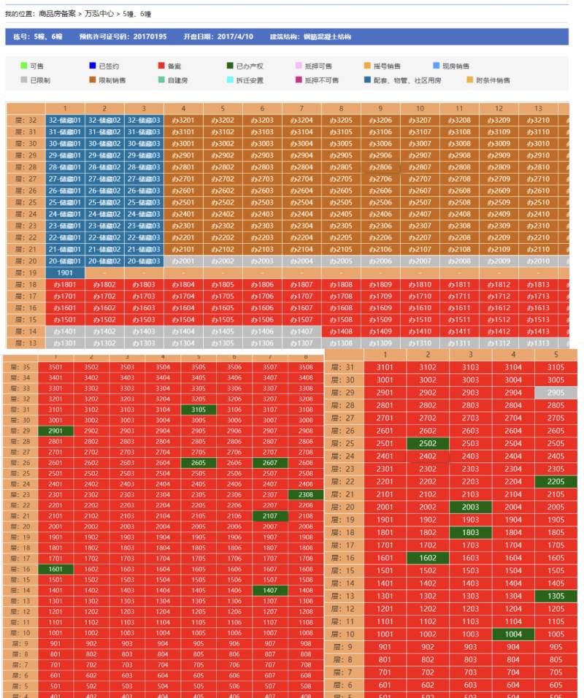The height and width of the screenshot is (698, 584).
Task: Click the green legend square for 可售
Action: pyautogui.click(x=23, y=66)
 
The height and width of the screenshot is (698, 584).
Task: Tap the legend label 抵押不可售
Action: pyautogui.click(x=322, y=80)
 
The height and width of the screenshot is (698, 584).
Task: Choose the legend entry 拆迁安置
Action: pyautogui.click(x=250, y=80)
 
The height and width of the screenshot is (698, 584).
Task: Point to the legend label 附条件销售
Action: pyautogui.click(x=493, y=80)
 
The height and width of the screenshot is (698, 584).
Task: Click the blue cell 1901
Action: pyautogui.click(x=65, y=272)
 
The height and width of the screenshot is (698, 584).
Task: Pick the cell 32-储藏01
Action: pyautogui.click(x=65, y=120)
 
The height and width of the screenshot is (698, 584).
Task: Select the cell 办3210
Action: pyautogui.click(x=538, y=120)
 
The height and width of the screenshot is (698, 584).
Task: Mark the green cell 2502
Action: pyautogui.click(x=427, y=444)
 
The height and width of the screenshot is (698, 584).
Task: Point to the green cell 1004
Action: pyautogui.click(x=513, y=634)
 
